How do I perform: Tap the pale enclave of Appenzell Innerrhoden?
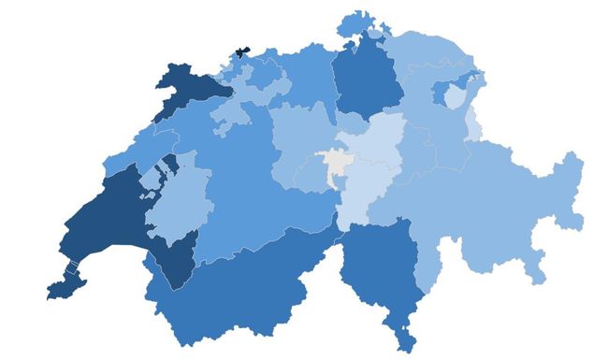[x=456, y=95]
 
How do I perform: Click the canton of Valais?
[x=234, y=290]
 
